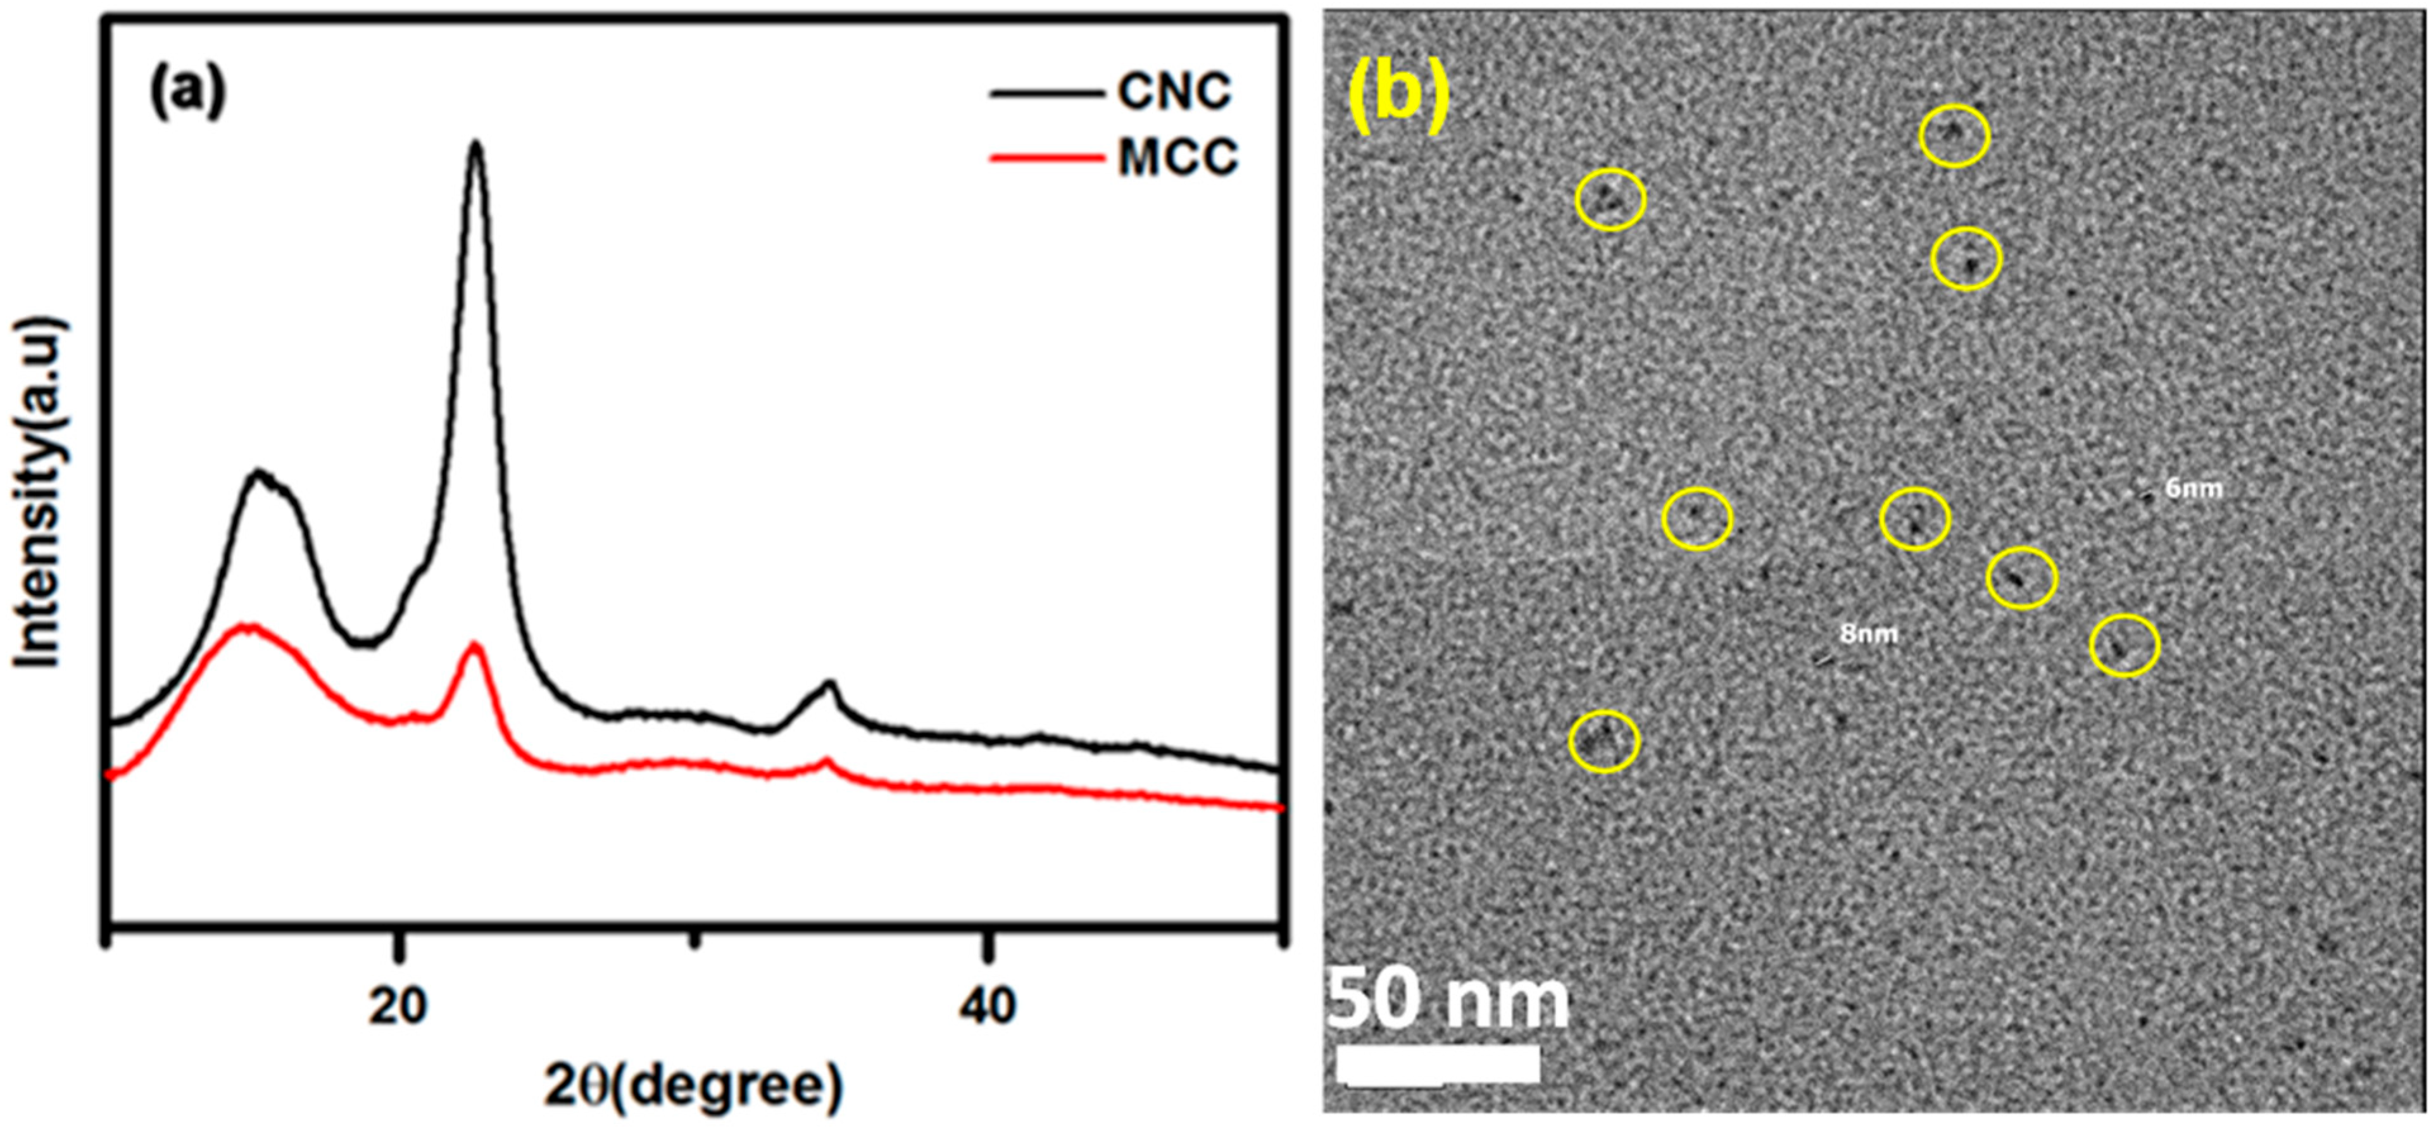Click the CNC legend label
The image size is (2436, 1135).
1174,92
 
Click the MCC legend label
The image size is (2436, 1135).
1177,157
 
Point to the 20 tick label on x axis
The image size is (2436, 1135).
399,1006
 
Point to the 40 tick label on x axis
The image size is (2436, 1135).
986,1006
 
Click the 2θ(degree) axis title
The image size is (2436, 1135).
693,1088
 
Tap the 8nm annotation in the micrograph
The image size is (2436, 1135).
1868,633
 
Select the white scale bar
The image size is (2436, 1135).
1438,1064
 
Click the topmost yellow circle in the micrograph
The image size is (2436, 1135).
1954,136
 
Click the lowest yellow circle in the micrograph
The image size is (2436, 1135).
1603,741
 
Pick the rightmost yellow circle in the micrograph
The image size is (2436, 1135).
2124,645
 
